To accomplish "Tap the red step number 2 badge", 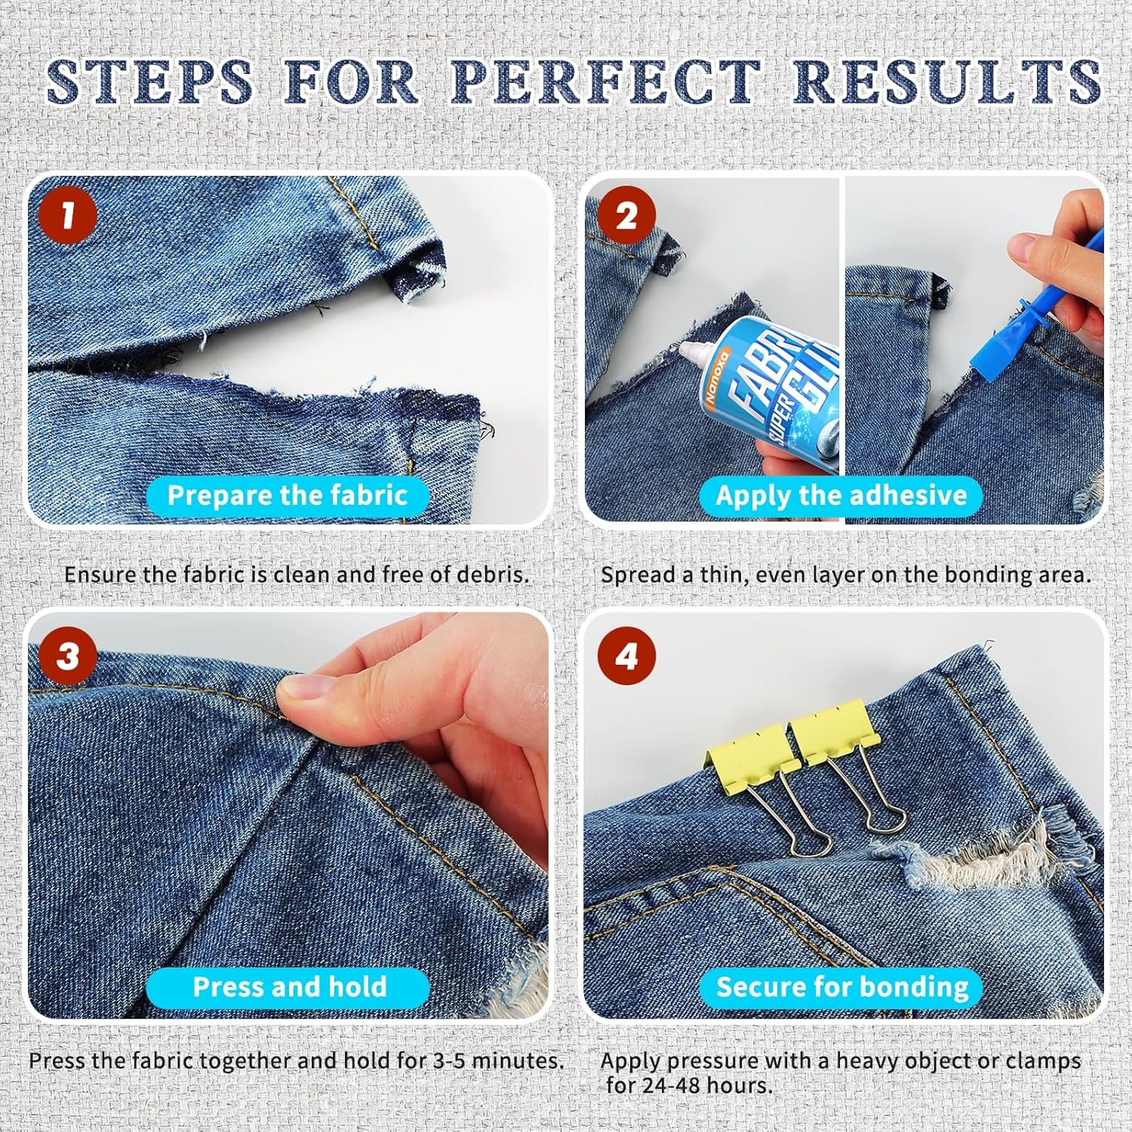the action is click(x=627, y=216).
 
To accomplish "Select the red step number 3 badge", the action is click(x=68, y=655).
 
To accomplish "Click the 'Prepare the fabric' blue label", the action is click(x=288, y=495).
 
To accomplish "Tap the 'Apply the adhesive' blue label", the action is click(x=841, y=495).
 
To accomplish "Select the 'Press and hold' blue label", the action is click(x=289, y=987).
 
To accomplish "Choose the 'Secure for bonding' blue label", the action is click(x=842, y=987).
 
